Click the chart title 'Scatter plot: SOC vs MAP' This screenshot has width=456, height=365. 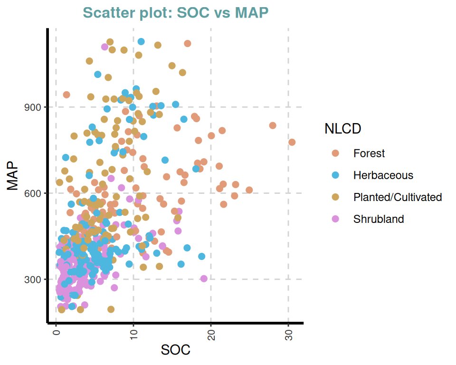(x=175, y=13)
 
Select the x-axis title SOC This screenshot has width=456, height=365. (x=176, y=350)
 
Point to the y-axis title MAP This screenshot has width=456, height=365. (x=13, y=177)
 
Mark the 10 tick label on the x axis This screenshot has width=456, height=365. (x=133, y=334)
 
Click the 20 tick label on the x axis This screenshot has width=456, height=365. (x=211, y=334)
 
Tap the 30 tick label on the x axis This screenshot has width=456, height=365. (x=288, y=334)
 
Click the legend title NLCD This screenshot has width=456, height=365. (x=342, y=128)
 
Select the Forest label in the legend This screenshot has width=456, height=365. (x=369, y=154)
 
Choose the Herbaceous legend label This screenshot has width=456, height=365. (x=383, y=175)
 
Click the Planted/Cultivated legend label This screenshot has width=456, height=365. (x=398, y=197)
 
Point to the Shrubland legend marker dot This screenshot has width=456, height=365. (x=336, y=219)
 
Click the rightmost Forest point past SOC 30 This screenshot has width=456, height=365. (x=292, y=142)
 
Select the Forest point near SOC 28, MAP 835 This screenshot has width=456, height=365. (x=273, y=125)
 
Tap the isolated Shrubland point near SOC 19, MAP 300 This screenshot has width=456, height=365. (x=204, y=279)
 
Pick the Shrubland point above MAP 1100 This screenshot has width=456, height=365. (x=105, y=47)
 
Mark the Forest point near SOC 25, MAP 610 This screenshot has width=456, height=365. (x=249, y=190)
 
